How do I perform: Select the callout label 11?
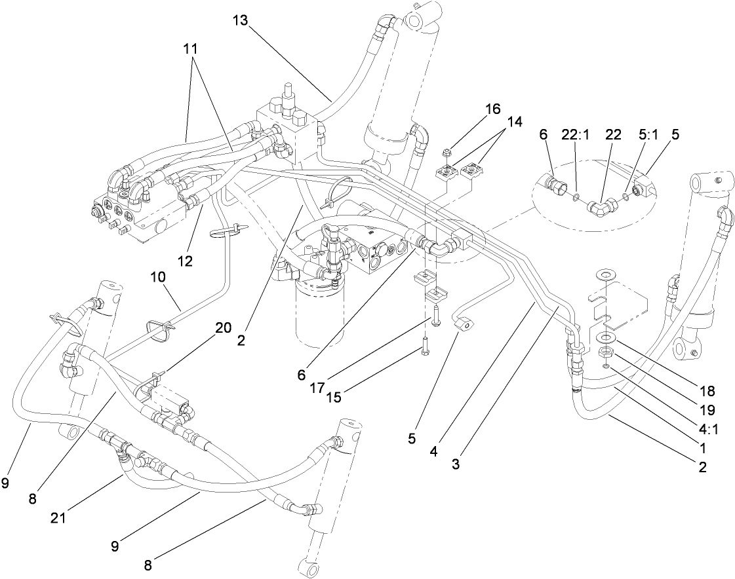point(191,49)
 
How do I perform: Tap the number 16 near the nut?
point(492,108)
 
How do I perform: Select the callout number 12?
point(185,261)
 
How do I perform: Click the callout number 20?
point(224,328)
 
